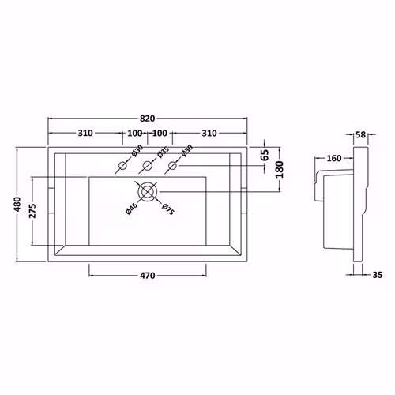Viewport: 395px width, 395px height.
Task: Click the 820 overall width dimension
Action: pyautogui.click(x=147, y=118)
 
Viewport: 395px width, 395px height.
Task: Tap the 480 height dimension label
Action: pyautogui.click(x=17, y=205)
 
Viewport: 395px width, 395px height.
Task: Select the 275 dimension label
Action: pyautogui.click(x=32, y=211)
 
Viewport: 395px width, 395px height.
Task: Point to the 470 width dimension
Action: pyautogui.click(x=148, y=276)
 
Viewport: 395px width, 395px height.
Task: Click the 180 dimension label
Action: pyautogui.click(x=280, y=170)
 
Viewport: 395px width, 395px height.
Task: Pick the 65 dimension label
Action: pyautogui.click(x=265, y=155)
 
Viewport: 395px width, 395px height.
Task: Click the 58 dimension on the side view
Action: pyautogui.click(x=360, y=135)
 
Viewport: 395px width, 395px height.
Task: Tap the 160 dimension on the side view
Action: pyautogui.click(x=334, y=158)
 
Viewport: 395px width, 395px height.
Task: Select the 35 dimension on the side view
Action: pyautogui.click(x=378, y=275)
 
